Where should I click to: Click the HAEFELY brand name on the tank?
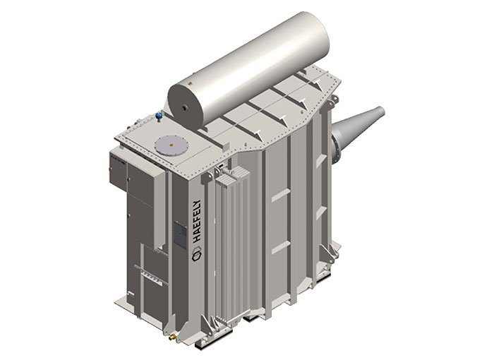(197, 221)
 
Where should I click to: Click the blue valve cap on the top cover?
(159, 115)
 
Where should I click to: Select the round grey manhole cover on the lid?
(171, 145)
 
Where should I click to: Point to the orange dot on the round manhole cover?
(171, 145)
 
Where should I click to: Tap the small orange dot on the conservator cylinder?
(190, 83)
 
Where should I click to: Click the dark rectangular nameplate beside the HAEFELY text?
(181, 234)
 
